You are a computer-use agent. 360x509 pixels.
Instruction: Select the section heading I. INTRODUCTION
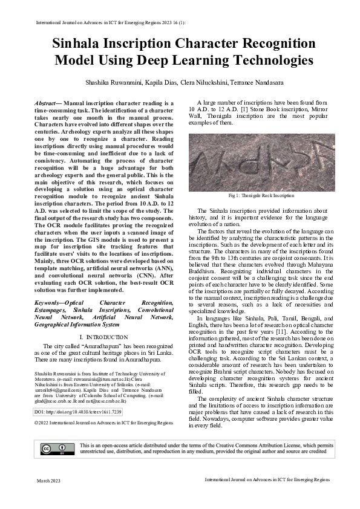click(x=103, y=337)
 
